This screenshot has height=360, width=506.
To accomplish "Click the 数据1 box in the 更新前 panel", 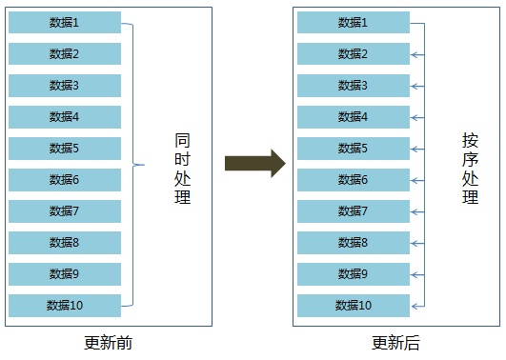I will [65, 22].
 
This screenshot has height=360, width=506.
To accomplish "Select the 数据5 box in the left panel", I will [65, 148].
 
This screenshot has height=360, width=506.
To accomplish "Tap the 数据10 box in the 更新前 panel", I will [65, 305].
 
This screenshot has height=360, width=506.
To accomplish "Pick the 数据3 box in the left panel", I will [65, 85].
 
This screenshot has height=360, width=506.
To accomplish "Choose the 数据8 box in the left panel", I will [65, 242].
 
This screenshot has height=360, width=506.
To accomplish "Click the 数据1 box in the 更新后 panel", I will [354, 23].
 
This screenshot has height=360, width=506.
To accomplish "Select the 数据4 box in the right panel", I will [354, 117].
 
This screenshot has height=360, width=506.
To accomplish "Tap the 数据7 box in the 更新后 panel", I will [354, 211].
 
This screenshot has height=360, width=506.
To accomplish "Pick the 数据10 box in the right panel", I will [354, 306].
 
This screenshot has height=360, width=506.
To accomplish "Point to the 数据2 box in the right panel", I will [354, 54].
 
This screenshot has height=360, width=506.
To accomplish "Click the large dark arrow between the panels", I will [254, 163].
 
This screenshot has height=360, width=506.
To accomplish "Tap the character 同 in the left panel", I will [182, 140].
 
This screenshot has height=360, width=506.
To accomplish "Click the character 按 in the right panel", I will [470, 140].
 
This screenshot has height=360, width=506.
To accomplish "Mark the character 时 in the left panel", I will [182, 159].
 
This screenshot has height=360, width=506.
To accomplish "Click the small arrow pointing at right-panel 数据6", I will [415, 180].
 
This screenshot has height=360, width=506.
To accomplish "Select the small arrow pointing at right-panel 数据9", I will [415, 274].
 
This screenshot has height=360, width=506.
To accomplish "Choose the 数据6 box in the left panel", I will [65, 179].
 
